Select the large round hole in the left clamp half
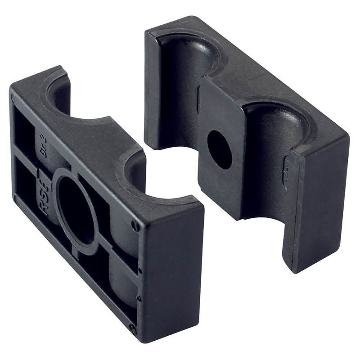click(x=76, y=209)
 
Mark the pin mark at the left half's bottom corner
click(x=132, y=329)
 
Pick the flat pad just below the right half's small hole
click(x=220, y=189)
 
